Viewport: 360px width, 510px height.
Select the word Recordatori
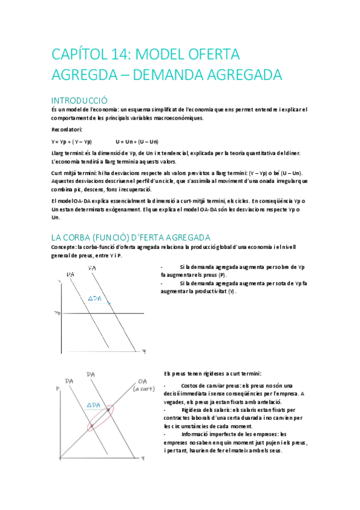click(67, 130)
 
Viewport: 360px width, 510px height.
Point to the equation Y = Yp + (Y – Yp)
click(72, 142)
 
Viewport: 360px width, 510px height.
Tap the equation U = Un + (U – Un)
click(137, 142)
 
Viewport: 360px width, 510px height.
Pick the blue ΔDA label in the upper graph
click(95, 298)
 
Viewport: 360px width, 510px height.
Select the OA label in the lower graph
click(142, 381)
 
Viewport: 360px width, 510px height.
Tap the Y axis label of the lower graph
click(142, 459)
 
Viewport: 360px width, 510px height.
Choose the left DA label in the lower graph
click(69, 381)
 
